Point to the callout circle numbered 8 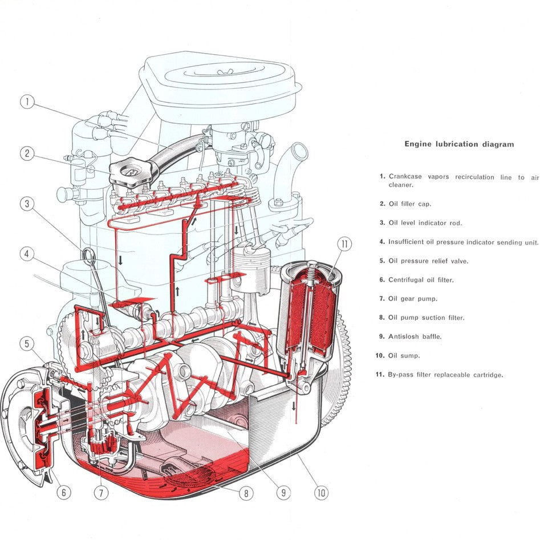click(246, 493)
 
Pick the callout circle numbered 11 click(344, 244)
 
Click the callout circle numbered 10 click(322, 493)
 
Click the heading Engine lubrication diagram click(459, 144)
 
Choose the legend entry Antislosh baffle click(415, 336)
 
